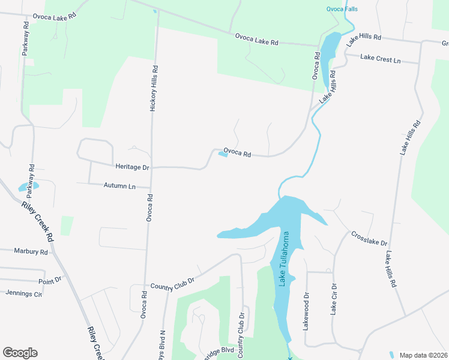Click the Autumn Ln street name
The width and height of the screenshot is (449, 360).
(x=119, y=186)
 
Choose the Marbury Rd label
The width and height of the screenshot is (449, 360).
(x=31, y=252)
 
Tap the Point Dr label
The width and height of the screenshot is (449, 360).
(x=50, y=280)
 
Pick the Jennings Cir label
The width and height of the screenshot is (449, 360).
(x=24, y=293)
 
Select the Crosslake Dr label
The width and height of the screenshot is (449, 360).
(x=369, y=239)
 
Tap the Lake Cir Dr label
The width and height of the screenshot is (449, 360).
(x=334, y=299)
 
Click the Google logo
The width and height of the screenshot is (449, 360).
(x=20, y=353)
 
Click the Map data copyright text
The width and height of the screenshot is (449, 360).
(x=423, y=355)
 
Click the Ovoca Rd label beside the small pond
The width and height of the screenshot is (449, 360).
(x=237, y=153)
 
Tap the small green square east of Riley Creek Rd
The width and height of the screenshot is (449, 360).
(x=67, y=226)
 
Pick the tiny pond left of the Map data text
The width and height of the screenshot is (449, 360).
(x=391, y=355)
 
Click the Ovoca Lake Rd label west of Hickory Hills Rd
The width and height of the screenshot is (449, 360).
(x=56, y=17)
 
